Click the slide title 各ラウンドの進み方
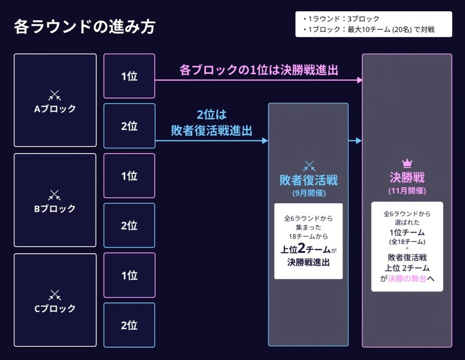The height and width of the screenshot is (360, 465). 84,27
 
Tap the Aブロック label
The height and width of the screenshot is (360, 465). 55,109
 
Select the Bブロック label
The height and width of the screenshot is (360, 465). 55,209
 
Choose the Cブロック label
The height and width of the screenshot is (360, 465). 55,308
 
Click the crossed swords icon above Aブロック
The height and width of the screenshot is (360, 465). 54,95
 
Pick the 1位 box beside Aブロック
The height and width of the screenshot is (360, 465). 129,76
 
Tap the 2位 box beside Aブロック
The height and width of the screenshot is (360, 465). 129,126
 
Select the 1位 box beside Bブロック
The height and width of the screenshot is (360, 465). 129,176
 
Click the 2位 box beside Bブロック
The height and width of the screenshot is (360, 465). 129,225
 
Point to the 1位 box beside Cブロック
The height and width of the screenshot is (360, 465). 129,275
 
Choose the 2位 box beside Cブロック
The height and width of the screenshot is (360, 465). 129,325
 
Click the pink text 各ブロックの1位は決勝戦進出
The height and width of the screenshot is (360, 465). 259,70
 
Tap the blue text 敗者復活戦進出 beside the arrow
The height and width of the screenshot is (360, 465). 211,131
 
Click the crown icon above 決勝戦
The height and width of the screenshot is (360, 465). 407,163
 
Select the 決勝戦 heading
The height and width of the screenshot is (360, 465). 407,178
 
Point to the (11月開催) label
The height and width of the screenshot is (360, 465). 407,191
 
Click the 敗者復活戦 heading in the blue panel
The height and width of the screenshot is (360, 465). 308,181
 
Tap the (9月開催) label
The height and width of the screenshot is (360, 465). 308,193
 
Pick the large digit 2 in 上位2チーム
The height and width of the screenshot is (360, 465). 302,248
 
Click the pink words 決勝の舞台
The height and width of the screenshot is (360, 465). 407,280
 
